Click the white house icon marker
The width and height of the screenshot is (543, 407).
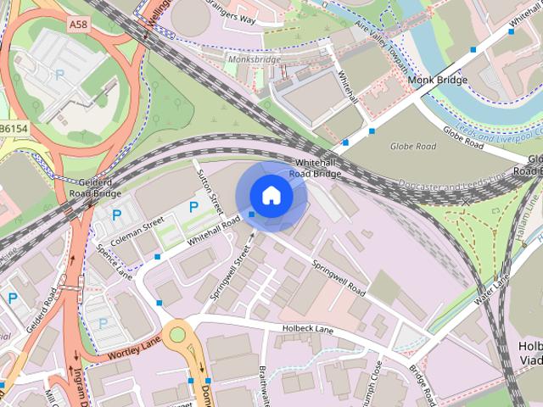point(271,196)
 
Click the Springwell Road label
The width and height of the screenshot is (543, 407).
point(338,277)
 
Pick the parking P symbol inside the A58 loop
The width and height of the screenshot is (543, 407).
point(59,75)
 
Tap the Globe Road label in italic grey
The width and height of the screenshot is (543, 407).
point(412,147)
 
